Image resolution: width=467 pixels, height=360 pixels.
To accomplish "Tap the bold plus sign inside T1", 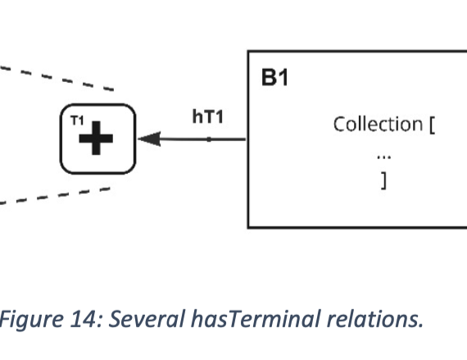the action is click(96, 139).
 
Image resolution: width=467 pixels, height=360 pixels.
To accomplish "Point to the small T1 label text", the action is click(78, 121).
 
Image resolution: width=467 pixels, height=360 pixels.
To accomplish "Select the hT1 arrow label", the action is click(208, 116).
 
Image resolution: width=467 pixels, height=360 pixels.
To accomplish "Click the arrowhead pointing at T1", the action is click(149, 139).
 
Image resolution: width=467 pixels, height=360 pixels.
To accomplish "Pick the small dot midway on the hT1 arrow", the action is click(209, 139).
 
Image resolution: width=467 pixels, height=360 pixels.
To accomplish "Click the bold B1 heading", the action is click(274, 77).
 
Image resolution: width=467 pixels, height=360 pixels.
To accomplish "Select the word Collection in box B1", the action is click(378, 124).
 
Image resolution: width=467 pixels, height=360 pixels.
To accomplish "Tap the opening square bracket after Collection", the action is click(432, 125).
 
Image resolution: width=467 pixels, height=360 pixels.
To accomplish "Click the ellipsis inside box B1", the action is click(384, 157).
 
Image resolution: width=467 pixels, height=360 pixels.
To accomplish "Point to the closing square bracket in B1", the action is click(384, 180).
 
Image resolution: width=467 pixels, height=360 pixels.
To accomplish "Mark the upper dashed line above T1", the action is click(57, 78).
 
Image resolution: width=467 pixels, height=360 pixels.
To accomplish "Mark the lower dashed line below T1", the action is click(55, 196).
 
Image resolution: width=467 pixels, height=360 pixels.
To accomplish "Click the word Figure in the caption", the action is click(31, 320).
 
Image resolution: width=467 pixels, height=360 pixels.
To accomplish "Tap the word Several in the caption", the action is click(147, 319).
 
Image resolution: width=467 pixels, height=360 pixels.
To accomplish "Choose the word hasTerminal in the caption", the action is click(256, 319).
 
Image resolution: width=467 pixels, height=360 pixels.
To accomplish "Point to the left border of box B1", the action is click(248, 139).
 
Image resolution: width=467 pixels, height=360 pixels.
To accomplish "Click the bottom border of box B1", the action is click(357, 227).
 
